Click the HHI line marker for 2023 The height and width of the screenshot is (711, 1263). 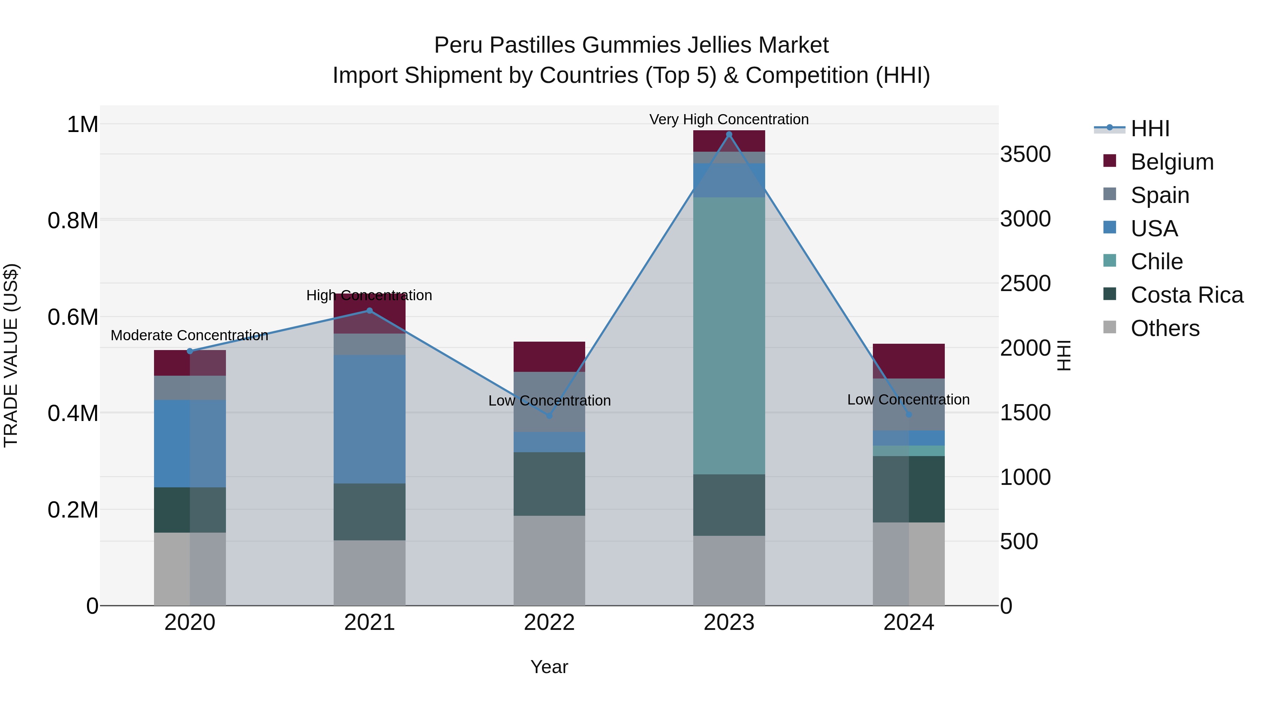pos(729,134)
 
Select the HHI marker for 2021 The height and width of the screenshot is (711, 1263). pos(370,311)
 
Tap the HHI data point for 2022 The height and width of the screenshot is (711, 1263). pos(549,416)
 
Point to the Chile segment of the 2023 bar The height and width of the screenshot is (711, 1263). pos(729,336)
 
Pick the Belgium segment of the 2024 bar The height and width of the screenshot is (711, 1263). pos(909,361)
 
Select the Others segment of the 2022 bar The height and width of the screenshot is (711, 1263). pos(549,560)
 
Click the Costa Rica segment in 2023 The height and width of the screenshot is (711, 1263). pos(729,505)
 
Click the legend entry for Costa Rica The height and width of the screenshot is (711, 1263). pos(1187,295)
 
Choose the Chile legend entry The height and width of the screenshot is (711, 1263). pos(1157,262)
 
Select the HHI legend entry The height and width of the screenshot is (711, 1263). pos(1150,129)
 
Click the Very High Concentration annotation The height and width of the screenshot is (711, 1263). pos(729,119)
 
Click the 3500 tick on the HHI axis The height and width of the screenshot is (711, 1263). pos(1025,154)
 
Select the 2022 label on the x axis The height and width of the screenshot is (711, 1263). pos(549,623)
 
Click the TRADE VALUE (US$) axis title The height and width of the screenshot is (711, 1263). pos(11,355)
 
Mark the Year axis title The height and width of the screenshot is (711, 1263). pos(549,667)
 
